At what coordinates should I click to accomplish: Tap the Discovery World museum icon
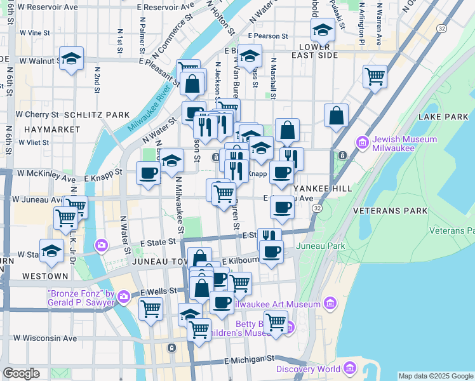coord(350,369)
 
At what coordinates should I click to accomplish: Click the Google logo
coord(21,373)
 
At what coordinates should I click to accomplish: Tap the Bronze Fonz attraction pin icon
coord(124,296)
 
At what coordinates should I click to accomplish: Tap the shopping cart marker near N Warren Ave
coord(375,76)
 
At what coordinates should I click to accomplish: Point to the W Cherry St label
coord(37,115)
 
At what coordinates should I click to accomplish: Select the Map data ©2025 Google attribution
coord(436,376)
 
